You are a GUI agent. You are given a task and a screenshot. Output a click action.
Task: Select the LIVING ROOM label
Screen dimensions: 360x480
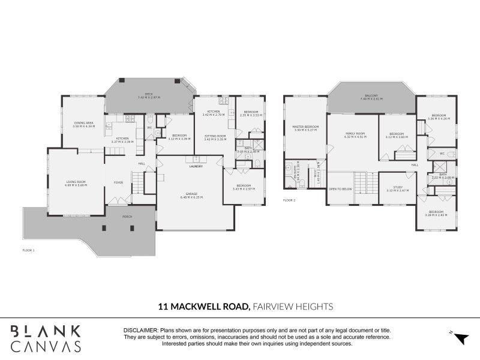coord(76,182)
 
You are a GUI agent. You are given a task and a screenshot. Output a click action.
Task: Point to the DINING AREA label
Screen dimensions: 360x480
coord(83,124)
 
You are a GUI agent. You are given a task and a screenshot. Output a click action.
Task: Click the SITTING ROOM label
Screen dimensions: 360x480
coord(215,137)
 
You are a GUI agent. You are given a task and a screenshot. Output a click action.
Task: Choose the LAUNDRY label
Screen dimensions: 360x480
coord(196,166)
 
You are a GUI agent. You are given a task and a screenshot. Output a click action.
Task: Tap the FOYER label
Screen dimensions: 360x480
coord(118,182)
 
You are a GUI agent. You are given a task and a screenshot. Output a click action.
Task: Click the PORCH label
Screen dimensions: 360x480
coord(127,216)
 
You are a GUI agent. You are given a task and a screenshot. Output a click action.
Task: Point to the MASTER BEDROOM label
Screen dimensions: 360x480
coord(305,127)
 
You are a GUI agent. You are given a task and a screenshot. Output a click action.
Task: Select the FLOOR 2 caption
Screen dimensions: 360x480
coord(289,200)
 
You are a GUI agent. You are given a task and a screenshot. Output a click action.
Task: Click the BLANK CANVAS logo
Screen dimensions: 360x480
coord(46,338)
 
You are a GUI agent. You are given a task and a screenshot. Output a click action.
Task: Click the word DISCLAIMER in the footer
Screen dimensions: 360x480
coord(140,331)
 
